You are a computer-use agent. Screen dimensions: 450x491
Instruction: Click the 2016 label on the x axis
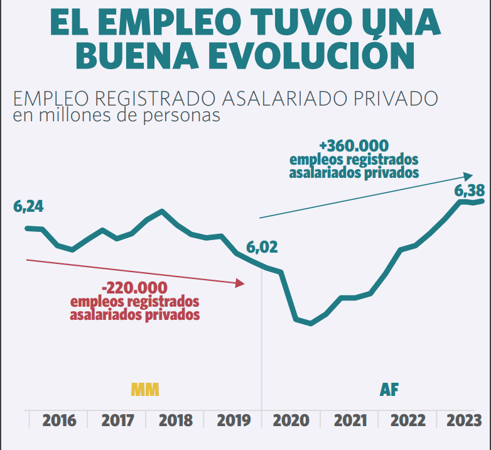(x=59, y=420)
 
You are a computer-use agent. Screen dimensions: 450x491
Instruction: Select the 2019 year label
(x=234, y=420)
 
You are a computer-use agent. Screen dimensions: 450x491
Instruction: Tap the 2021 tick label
(x=350, y=420)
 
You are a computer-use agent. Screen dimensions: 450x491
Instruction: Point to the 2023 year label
(x=464, y=420)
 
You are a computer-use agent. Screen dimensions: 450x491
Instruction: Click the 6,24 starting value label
(x=29, y=207)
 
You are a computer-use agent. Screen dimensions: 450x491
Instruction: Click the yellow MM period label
(x=145, y=390)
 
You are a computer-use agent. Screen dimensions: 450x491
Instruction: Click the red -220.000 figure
(x=134, y=288)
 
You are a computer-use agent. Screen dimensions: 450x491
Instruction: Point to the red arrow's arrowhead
(x=240, y=283)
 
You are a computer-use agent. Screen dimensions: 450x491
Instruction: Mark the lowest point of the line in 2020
(x=310, y=324)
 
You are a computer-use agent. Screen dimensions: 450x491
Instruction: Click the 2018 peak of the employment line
(x=163, y=211)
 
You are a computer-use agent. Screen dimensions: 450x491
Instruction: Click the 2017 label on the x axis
(x=117, y=420)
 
